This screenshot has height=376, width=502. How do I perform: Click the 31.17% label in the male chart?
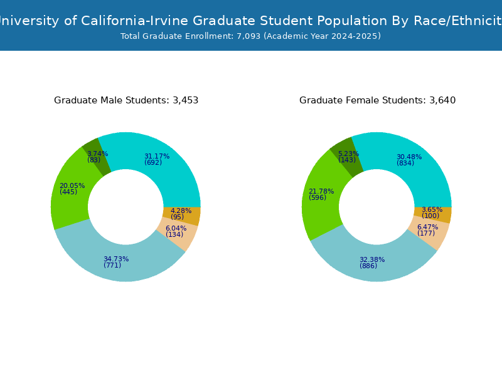click(x=157, y=156)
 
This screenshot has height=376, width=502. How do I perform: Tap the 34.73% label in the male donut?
click(x=116, y=259)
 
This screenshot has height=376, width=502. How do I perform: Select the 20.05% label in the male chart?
click(x=72, y=185)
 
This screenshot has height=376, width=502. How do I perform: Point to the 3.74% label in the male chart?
click(x=97, y=154)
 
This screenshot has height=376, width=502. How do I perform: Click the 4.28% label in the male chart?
click(x=181, y=211)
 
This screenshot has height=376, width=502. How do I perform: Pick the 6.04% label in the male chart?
click(x=176, y=228)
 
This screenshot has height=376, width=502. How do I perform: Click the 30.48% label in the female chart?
click(x=409, y=157)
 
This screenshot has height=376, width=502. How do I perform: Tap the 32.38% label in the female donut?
click(x=372, y=259)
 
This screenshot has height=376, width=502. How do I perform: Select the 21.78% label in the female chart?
click(x=321, y=191)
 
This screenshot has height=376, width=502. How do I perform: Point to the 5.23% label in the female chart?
click(x=348, y=154)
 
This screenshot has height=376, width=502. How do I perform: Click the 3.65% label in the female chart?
click(x=432, y=209)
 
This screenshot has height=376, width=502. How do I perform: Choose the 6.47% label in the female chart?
click(x=427, y=227)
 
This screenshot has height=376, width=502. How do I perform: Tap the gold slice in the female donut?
click(x=442, y=215)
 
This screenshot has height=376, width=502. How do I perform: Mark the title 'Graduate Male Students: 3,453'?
click(x=126, y=100)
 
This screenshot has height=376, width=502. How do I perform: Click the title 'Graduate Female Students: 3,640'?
click(x=377, y=100)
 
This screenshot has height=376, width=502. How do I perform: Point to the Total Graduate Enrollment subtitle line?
click(x=250, y=36)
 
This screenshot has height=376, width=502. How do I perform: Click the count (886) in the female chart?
click(x=368, y=266)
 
